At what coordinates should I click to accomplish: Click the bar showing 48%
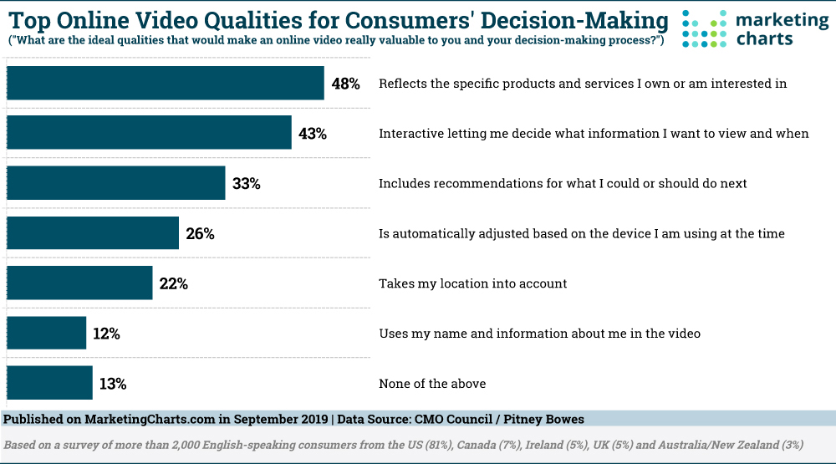point(165,83)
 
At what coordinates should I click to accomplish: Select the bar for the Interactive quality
point(149,133)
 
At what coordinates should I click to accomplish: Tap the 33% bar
point(115,183)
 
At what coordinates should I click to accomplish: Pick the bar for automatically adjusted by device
point(92,233)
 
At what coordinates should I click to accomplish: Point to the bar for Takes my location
point(79,283)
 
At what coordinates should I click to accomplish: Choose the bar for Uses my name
point(46,334)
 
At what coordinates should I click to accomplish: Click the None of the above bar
point(49,384)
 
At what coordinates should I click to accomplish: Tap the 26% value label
point(201,234)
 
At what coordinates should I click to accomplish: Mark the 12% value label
point(106,334)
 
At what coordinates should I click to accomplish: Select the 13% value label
point(112,385)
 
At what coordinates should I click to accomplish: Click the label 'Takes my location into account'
point(473,283)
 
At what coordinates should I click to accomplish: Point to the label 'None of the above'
point(432,384)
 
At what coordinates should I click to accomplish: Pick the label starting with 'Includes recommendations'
point(563,183)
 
